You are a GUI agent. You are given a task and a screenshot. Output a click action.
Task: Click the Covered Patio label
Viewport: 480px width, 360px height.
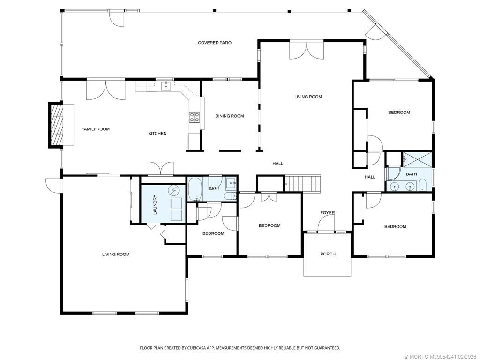pyautogui.click(x=215, y=43)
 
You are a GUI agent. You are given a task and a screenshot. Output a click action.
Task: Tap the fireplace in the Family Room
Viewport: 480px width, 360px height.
pyautogui.click(x=57, y=125)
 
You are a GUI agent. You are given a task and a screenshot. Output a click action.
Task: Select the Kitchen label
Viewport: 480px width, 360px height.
pyautogui.click(x=157, y=134)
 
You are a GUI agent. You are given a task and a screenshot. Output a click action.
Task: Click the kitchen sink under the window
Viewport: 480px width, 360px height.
pyautogui.click(x=166, y=86)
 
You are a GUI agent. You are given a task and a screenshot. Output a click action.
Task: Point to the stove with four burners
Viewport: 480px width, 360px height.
pyautogui.click(x=194, y=117)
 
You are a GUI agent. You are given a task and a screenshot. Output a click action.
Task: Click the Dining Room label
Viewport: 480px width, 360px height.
pyautogui.click(x=230, y=116)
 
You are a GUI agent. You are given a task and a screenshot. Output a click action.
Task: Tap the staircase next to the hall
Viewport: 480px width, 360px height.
pyautogui.click(x=304, y=183)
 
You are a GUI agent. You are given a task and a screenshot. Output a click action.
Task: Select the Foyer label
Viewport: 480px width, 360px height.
pyautogui.click(x=327, y=213)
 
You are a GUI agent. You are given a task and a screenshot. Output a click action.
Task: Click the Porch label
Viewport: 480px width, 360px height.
pyautogui.click(x=328, y=254)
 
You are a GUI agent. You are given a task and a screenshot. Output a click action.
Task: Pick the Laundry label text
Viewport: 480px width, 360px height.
pyautogui.click(x=155, y=205)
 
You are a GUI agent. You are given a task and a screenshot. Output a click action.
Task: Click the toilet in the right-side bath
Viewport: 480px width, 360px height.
pyautogui.click(x=422, y=185)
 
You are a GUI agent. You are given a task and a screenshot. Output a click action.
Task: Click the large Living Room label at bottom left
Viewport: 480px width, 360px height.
pyautogui.click(x=116, y=255)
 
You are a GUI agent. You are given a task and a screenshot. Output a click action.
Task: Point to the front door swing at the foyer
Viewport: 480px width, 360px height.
pyautogui.click(x=325, y=226)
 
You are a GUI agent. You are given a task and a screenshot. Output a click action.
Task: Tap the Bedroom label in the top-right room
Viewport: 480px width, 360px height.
pyautogui.click(x=399, y=112)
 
